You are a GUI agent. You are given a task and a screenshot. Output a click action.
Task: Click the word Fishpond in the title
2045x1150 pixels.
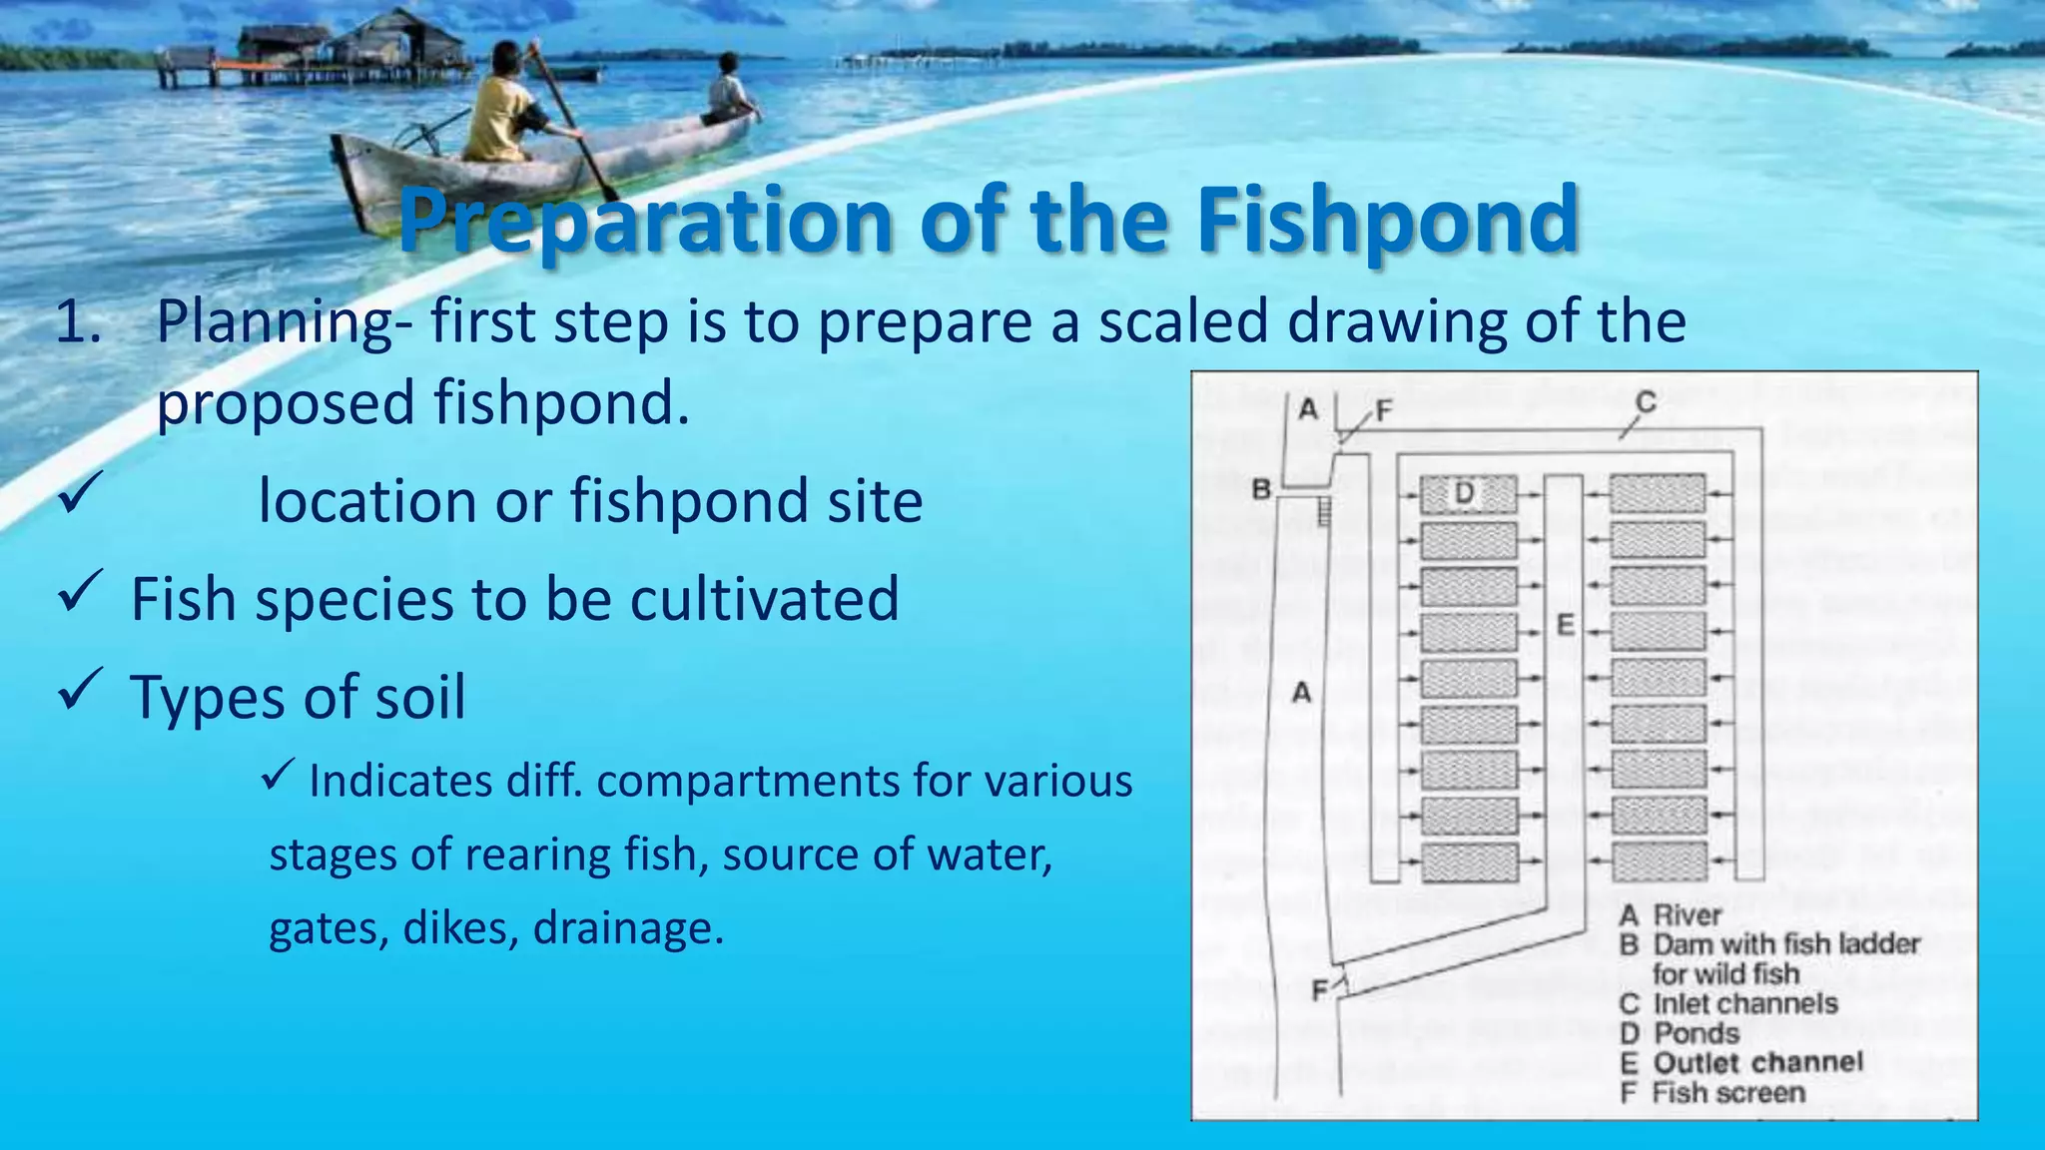pyautogui.click(x=1387, y=220)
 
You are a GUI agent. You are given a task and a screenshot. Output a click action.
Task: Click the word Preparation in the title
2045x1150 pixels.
pyautogui.click(x=645, y=222)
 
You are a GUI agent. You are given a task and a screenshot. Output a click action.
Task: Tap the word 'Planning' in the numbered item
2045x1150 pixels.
pyautogui.click(x=276, y=323)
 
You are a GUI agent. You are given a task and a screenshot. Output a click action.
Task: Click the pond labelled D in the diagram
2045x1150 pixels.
pyautogui.click(x=1467, y=494)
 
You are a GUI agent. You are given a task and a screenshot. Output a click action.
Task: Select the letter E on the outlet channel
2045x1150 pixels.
pyautogui.click(x=1565, y=625)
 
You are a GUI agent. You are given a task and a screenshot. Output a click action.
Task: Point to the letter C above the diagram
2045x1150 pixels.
pyautogui.click(x=1646, y=402)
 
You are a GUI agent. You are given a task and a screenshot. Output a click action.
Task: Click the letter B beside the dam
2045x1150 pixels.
pyautogui.click(x=1261, y=489)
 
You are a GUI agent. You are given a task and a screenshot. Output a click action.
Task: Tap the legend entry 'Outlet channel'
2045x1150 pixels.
pyautogui.click(x=1757, y=1062)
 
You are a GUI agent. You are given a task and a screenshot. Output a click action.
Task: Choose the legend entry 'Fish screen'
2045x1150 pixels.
pyautogui.click(x=1728, y=1093)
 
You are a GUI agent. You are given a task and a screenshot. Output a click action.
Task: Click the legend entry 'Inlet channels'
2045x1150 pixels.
pyautogui.click(x=1745, y=1003)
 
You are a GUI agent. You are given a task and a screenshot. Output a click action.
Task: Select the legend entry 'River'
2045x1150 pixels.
pyautogui.click(x=1688, y=914)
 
